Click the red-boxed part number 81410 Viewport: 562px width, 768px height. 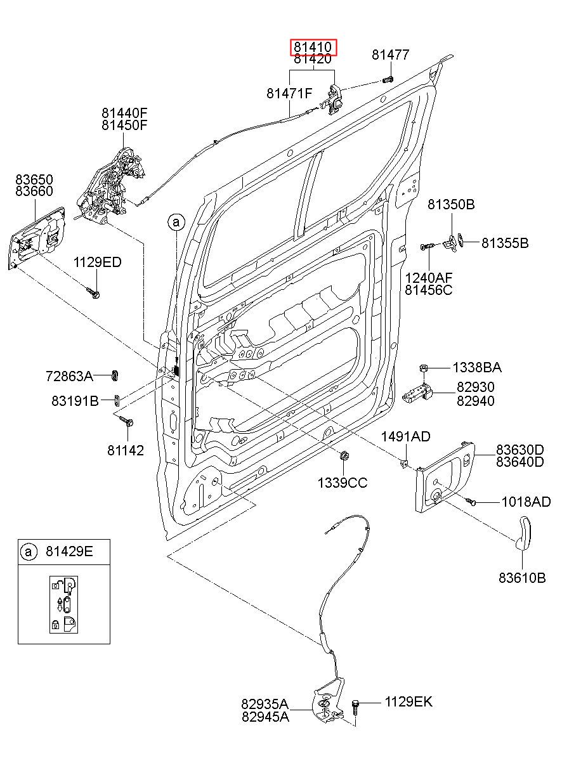[x=313, y=48]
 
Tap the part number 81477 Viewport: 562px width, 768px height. [x=391, y=55]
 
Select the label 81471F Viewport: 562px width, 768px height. [x=289, y=93]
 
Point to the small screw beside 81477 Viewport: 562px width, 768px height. [x=388, y=80]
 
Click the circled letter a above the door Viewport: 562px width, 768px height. [x=176, y=223]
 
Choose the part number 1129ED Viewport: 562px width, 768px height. [x=98, y=263]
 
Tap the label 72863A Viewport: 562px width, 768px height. [x=69, y=377]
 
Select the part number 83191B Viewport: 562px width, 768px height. [x=75, y=400]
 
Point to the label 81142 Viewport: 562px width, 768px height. [x=126, y=450]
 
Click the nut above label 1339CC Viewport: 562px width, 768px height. [x=344, y=455]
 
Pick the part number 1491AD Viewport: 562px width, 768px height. [x=405, y=436]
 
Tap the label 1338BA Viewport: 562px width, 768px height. [x=477, y=368]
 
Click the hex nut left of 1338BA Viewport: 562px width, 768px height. [x=423, y=368]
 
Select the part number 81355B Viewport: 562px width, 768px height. [x=505, y=243]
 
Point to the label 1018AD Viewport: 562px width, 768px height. [x=526, y=502]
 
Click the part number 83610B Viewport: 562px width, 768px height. [x=522, y=578]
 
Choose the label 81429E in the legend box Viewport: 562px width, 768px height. [x=69, y=552]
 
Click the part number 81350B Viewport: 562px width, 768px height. [x=451, y=205]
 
